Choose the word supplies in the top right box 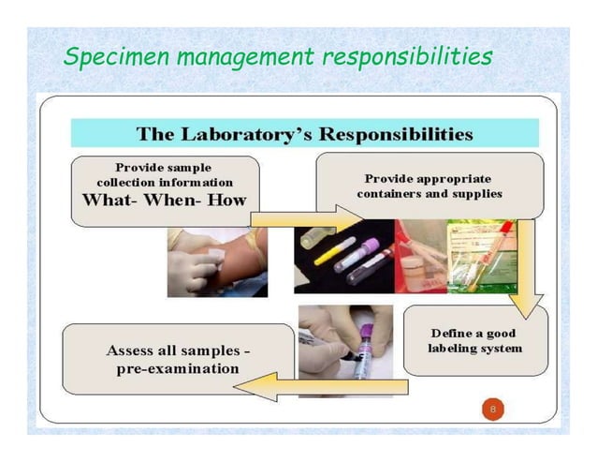476,194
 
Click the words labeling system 475,349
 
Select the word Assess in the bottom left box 132,350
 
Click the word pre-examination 178,368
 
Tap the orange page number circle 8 492,410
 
